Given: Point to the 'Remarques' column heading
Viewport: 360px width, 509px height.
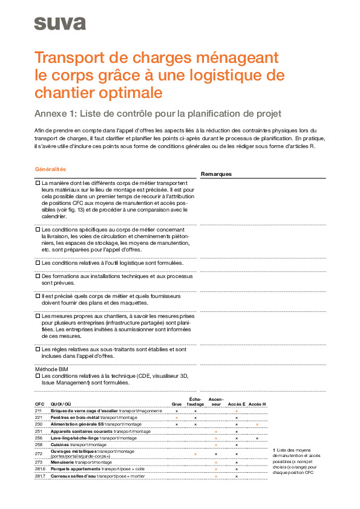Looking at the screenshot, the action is pyautogui.click(x=216, y=174).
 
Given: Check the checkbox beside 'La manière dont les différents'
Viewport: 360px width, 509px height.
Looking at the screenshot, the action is pyautogui.click(x=38, y=182).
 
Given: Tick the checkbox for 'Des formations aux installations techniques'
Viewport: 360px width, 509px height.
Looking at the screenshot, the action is pyautogui.click(x=38, y=276).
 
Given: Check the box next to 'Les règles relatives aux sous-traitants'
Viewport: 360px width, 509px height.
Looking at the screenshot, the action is pyautogui.click(x=38, y=349).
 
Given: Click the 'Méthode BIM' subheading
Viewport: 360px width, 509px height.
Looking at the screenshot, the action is pyautogui.click(x=51, y=369).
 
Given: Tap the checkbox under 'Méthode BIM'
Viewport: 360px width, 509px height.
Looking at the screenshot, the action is pyautogui.click(x=38, y=376).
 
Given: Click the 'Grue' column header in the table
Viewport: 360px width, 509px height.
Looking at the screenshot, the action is pyautogui.click(x=177, y=404).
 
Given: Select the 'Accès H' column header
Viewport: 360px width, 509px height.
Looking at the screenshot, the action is pyautogui.click(x=257, y=404).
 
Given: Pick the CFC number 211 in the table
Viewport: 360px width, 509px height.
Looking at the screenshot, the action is pyautogui.click(x=39, y=410).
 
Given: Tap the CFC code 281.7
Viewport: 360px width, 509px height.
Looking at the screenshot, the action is pyautogui.click(x=40, y=476).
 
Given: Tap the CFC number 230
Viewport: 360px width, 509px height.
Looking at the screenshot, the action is pyautogui.click(x=39, y=424).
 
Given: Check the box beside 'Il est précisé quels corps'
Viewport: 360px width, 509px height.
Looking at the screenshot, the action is pyautogui.click(x=38, y=296).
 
